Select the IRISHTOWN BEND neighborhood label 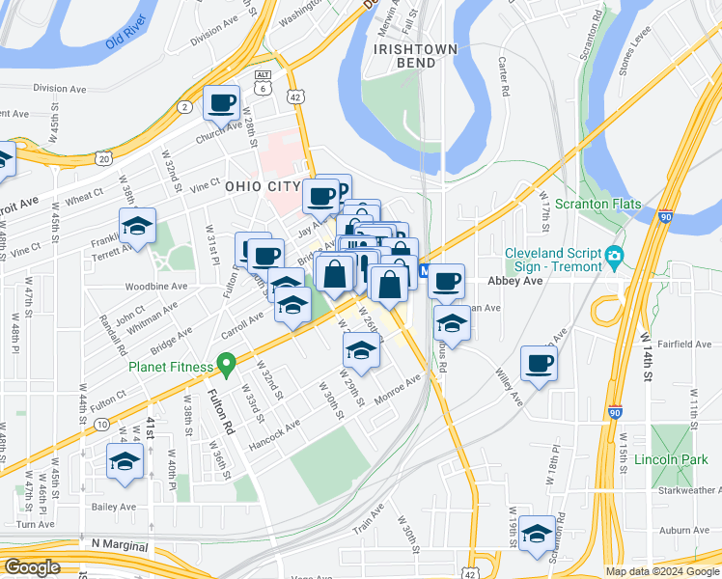tap(409, 55)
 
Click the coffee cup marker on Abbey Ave tap(446, 281)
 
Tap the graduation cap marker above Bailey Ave tap(125, 462)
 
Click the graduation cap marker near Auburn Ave tap(537, 532)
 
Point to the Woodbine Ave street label tap(155, 287)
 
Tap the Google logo tap(32, 566)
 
